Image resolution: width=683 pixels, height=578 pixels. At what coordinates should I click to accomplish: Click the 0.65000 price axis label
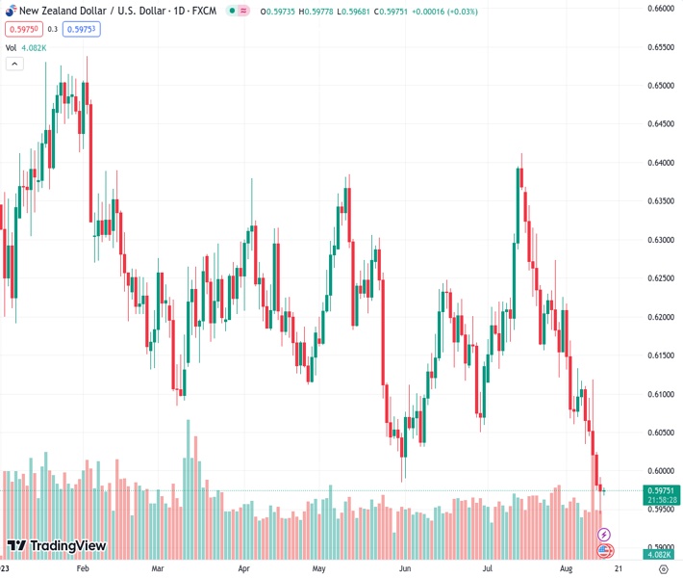(x=661, y=86)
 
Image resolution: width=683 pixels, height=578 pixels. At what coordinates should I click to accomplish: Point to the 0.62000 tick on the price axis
(x=661, y=317)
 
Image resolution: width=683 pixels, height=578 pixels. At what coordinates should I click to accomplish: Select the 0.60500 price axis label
(x=661, y=433)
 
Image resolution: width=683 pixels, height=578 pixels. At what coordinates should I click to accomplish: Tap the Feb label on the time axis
(x=82, y=569)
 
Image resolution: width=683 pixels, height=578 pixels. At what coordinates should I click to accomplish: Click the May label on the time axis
(x=319, y=569)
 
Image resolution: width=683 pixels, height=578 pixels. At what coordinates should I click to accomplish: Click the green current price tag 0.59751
(x=661, y=490)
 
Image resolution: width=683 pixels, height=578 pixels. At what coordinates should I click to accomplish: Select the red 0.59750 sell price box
(x=18, y=29)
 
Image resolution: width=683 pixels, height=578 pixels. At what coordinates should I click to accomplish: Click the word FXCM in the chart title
(x=201, y=11)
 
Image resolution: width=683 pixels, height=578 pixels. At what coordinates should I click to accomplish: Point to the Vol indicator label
(x=12, y=47)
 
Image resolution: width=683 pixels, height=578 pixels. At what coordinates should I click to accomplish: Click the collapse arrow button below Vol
(x=14, y=64)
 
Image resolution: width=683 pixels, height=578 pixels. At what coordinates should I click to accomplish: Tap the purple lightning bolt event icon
(x=604, y=534)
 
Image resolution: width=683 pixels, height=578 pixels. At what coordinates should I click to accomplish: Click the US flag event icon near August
(x=604, y=550)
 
